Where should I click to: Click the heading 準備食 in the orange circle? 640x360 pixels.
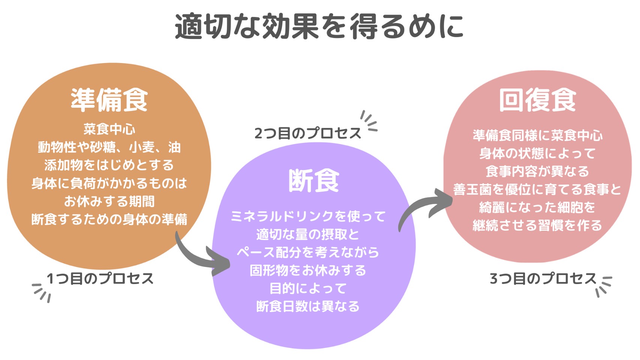tap(109, 100)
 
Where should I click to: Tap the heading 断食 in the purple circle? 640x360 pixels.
tap(314, 181)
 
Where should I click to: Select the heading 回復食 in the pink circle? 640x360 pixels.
tap(537, 100)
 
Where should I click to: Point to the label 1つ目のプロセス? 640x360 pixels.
tap(100, 279)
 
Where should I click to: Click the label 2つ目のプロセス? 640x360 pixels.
tap(307, 133)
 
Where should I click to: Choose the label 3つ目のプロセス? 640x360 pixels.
tap(543, 279)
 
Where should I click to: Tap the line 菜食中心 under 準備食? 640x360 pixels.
tap(109, 129)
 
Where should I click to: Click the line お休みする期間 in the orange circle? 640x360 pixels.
tap(109, 201)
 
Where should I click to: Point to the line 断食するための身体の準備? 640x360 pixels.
tap(109, 219)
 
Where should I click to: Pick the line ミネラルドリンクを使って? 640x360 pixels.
tap(308, 216)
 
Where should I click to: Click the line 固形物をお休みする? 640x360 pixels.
tap(308, 270)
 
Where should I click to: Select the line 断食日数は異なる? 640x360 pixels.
tap(308, 306)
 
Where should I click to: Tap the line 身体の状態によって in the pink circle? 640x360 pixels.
tap(537, 153)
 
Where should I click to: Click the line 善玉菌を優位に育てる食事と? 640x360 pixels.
tap(537, 189)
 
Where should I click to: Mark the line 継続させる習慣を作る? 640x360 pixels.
tap(537, 225)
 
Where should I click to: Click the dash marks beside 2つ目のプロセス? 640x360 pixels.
tap(369, 121)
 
